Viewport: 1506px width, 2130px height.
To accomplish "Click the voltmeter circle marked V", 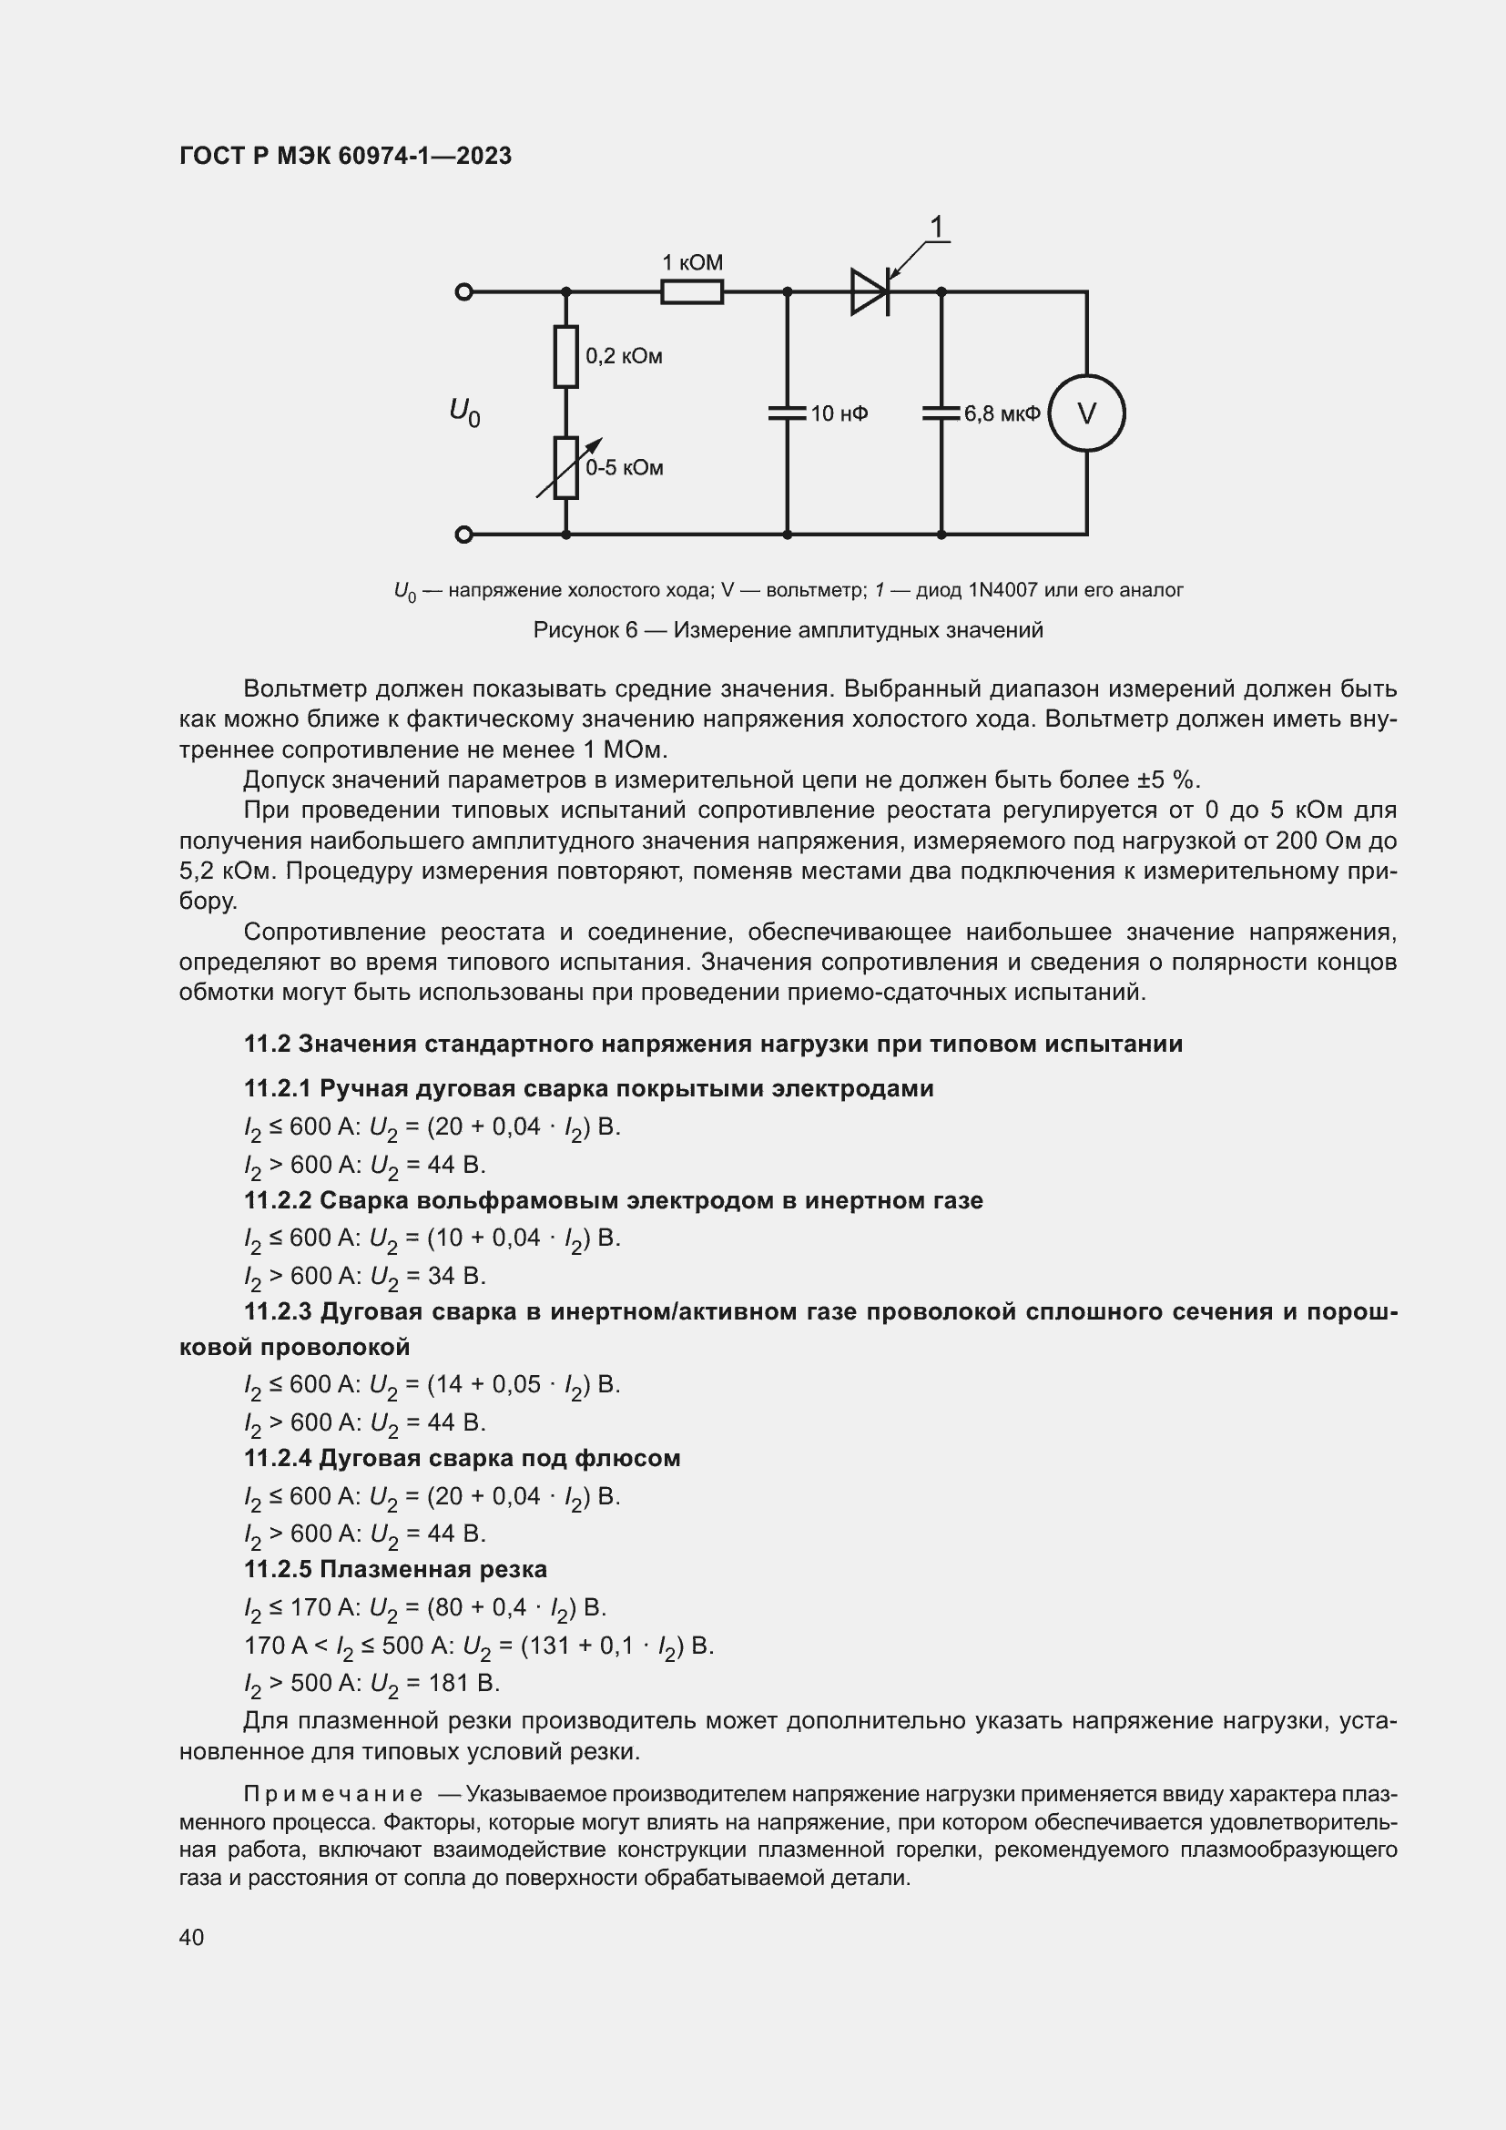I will [x=1087, y=413].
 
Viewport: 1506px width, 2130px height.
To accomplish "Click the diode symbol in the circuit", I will [x=870, y=292].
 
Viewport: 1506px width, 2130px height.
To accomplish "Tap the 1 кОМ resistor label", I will [x=692, y=262].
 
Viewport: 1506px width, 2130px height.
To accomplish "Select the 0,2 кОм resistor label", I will [x=623, y=356].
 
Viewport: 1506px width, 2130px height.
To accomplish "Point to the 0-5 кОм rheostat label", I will [x=624, y=467].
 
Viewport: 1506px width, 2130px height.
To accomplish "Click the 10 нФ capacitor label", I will [x=839, y=413].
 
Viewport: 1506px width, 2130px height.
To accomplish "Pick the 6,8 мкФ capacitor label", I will [x=1002, y=413].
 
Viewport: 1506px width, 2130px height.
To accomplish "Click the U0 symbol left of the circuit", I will [x=464, y=411].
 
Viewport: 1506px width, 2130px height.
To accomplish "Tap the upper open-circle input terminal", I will [x=464, y=292].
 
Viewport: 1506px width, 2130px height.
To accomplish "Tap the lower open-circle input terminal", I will [x=464, y=535].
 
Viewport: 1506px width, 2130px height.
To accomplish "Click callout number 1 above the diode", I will [x=937, y=228].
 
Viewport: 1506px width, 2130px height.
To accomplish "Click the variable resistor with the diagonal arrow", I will [x=565, y=467].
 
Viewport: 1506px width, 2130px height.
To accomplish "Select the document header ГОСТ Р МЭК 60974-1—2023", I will [x=345, y=157].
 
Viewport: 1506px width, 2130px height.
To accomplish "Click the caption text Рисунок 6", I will [x=585, y=631].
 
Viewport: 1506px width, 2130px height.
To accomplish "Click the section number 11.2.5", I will [x=279, y=1569].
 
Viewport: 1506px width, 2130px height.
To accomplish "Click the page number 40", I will [x=192, y=1937].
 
